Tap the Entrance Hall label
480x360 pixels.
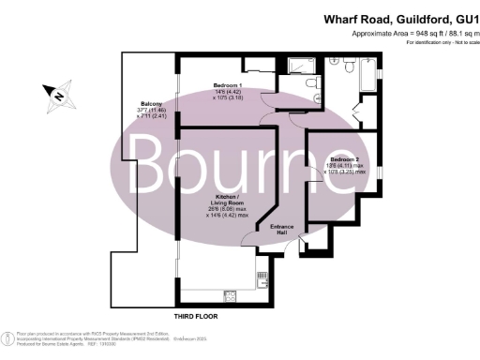[x=282, y=230]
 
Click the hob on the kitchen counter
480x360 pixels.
[x=262, y=277]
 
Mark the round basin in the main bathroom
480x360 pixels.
[x=335, y=59]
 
